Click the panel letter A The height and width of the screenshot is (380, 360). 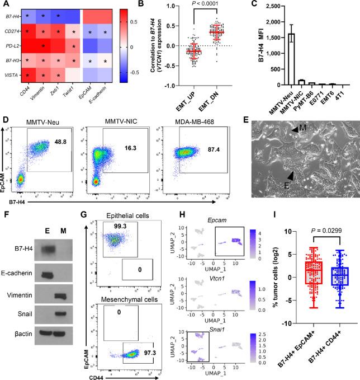click(x=4, y=5)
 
